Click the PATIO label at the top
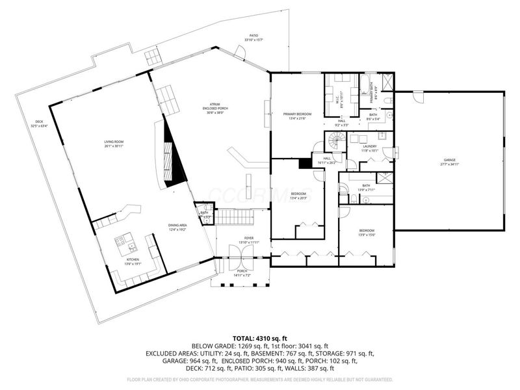tap(253, 38)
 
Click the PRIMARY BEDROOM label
tap(297, 116)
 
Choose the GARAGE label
tap(449, 161)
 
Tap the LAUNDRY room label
tap(370, 148)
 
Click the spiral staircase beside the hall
tap(336, 140)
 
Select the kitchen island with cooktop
tap(124, 245)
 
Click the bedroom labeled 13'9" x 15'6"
tap(367, 233)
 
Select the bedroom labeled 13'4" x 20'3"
tap(298, 196)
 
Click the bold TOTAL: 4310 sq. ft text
tap(260, 337)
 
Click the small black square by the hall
tap(304, 164)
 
